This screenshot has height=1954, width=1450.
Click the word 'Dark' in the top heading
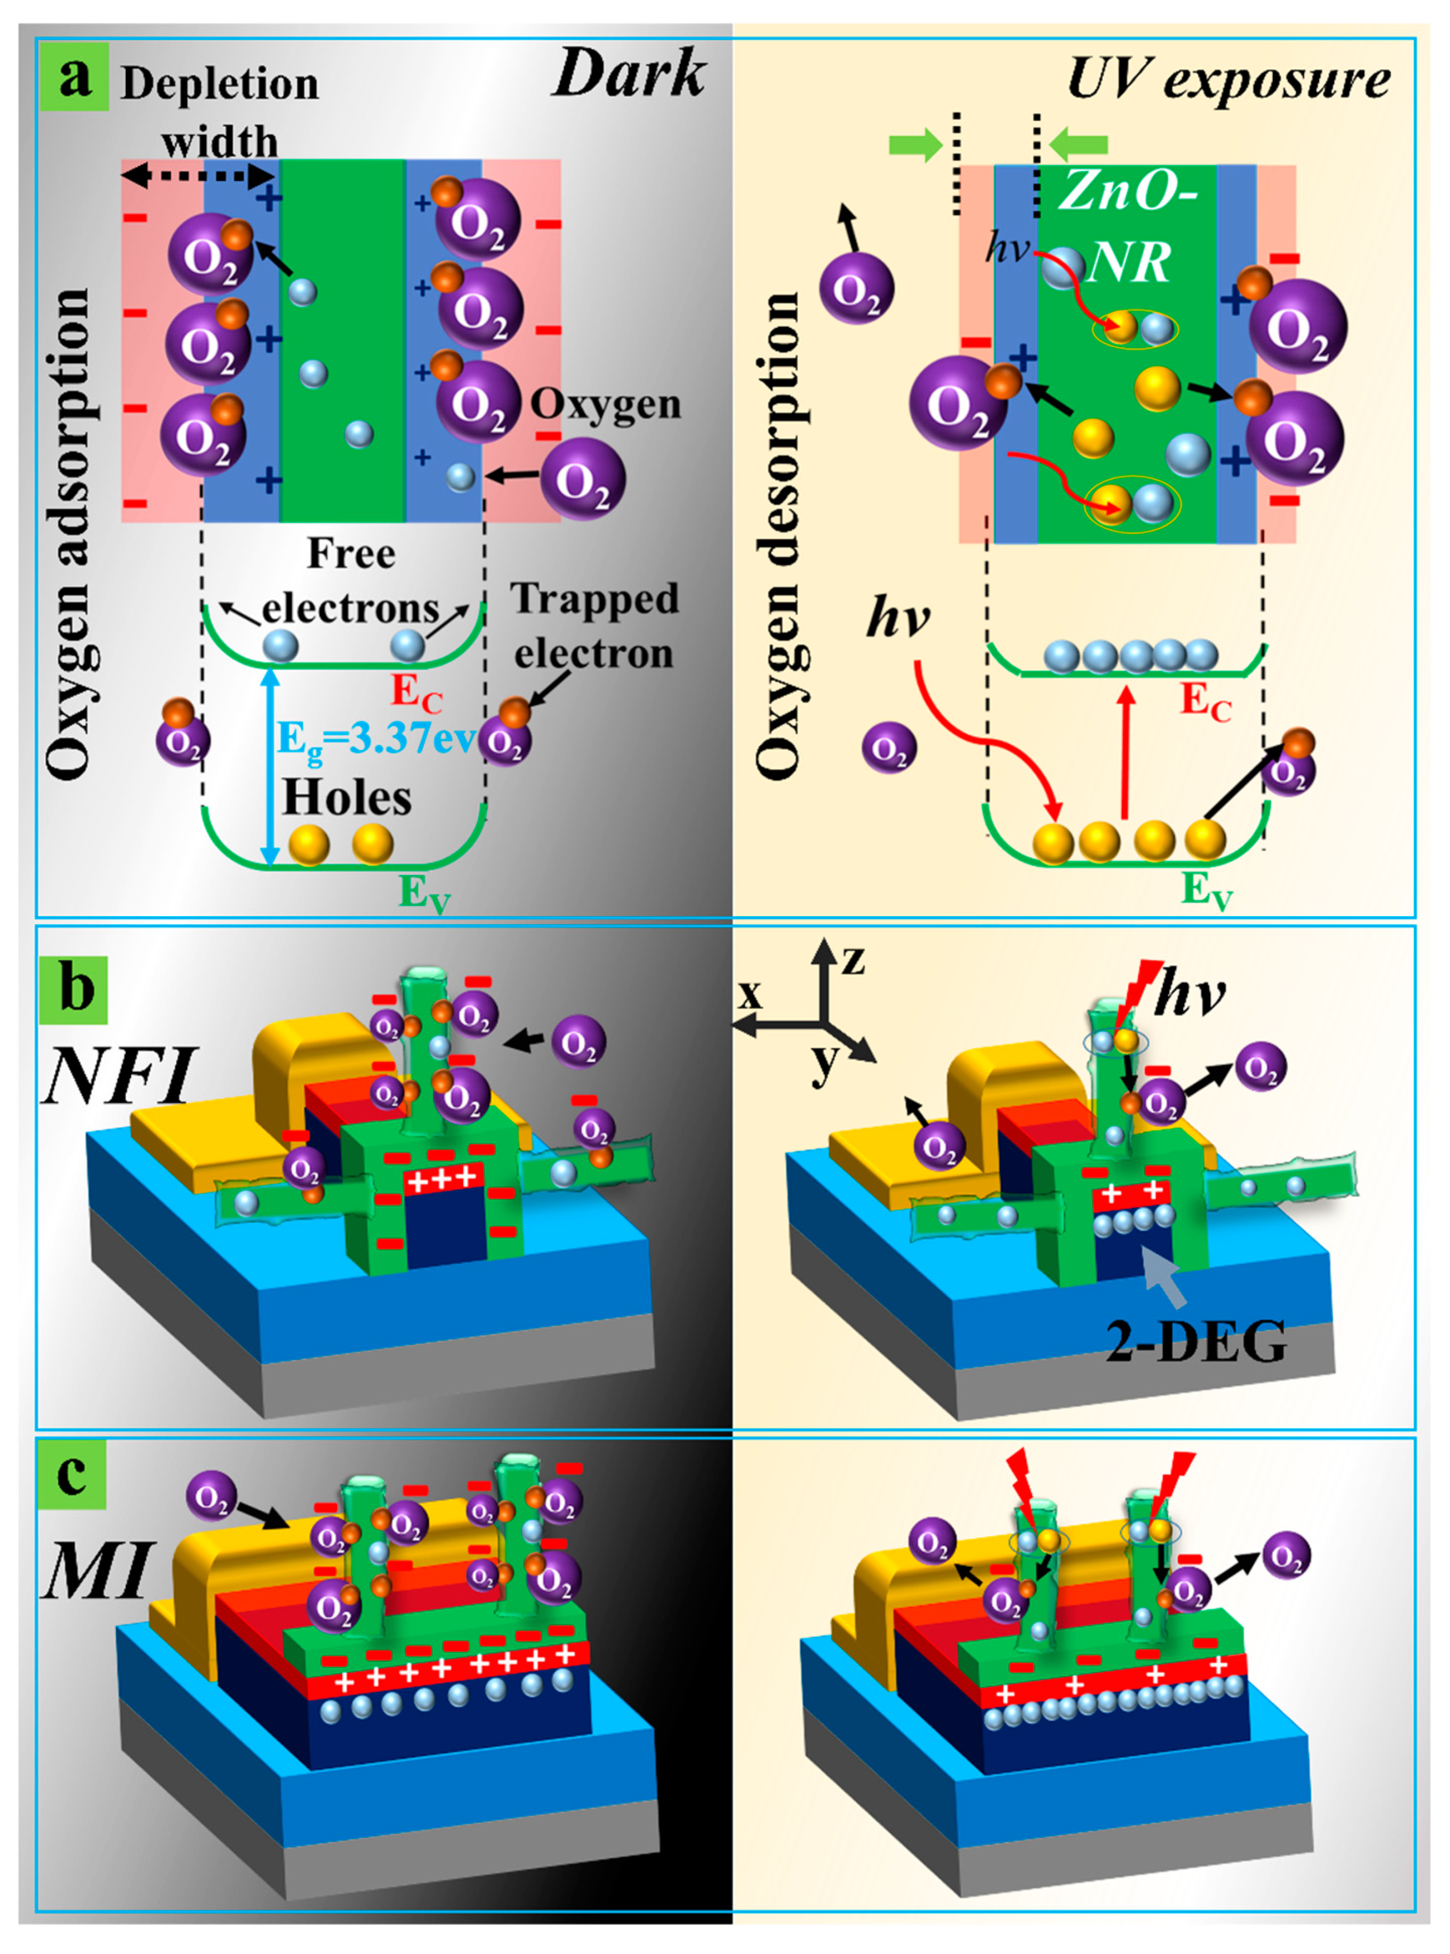pos(629,74)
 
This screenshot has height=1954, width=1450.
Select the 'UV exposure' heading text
pos(1228,80)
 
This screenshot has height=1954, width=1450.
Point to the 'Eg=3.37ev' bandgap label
pos(376,739)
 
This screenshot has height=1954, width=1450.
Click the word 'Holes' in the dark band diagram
pos(347,799)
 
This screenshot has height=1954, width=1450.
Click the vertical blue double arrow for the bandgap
pos(270,766)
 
